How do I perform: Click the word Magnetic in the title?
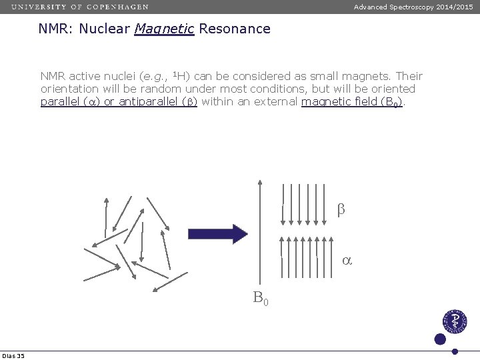[163, 29]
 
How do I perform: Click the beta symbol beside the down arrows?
[341, 209]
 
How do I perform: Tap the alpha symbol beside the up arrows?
[347, 261]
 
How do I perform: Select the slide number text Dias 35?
[13, 356]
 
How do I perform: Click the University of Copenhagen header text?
[79, 7]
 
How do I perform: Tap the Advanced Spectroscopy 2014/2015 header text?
[413, 7]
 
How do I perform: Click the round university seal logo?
[455, 323]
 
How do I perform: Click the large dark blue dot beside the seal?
[439, 339]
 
